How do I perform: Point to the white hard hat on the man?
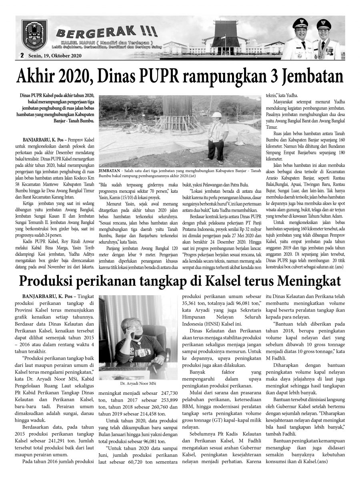(216, 115)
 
